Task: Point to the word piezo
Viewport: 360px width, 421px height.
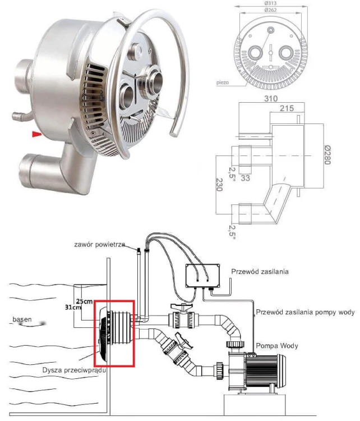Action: pos(223,81)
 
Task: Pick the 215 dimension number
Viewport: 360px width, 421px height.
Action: pos(287,108)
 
